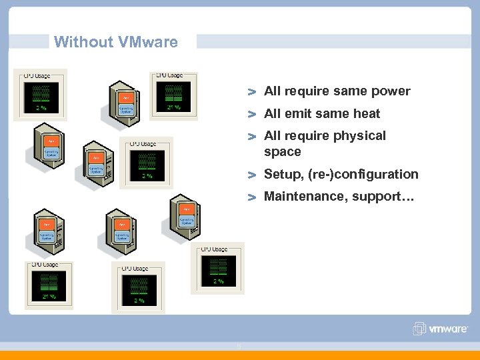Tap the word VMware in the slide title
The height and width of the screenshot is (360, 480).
pyautogui.click(x=148, y=42)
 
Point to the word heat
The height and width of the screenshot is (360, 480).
pyautogui.click(x=367, y=113)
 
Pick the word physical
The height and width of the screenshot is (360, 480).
pyautogui.click(x=359, y=135)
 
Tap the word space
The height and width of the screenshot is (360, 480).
pyautogui.click(x=283, y=151)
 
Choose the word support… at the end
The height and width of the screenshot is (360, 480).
pyautogui.click(x=383, y=197)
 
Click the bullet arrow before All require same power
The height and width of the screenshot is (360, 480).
pyautogui.click(x=252, y=91)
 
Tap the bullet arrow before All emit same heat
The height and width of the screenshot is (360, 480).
pyautogui.click(x=252, y=114)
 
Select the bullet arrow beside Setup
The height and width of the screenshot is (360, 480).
pyautogui.click(x=252, y=175)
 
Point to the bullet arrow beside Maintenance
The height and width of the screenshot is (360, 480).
pyautogui.click(x=252, y=197)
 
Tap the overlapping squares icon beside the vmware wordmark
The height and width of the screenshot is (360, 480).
pyautogui.click(x=419, y=329)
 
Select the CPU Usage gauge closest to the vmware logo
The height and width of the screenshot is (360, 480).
pyautogui.click(x=218, y=267)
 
